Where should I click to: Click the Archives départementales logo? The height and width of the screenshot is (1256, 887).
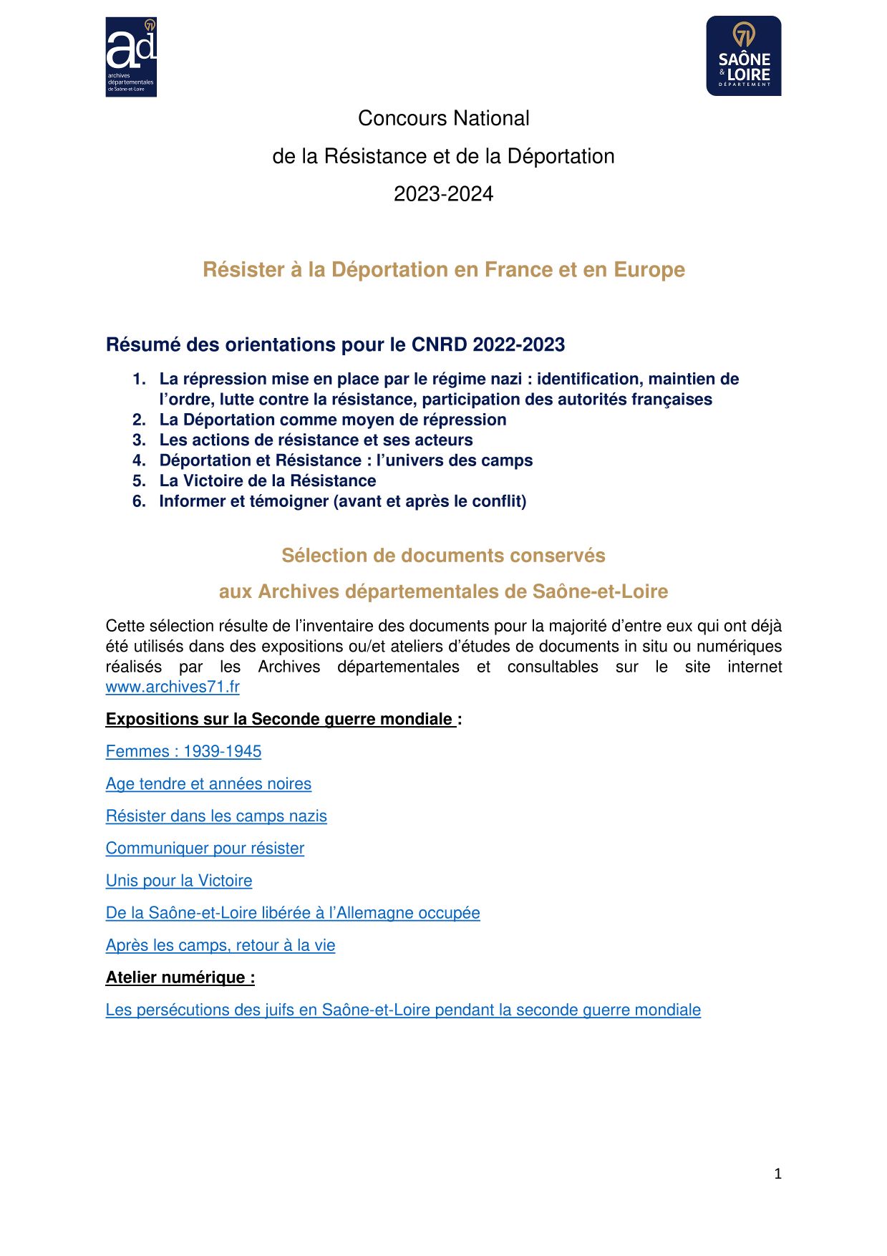point(131,57)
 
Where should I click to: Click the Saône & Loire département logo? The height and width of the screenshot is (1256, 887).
point(743,56)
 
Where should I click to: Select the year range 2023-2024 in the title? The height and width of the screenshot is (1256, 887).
point(443,194)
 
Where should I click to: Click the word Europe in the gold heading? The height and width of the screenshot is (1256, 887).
point(649,269)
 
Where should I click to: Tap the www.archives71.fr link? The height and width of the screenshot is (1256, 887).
point(173,687)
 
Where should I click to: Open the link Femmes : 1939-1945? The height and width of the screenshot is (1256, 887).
point(183,751)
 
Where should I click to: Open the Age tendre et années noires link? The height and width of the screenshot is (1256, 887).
point(208,783)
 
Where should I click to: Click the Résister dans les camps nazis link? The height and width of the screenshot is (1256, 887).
point(216,816)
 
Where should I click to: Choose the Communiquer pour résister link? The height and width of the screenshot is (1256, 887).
point(205,848)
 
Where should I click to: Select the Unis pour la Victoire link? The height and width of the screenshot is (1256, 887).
point(179,880)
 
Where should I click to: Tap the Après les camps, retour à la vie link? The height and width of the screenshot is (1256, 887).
point(220,945)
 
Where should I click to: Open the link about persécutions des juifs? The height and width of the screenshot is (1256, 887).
point(403,1010)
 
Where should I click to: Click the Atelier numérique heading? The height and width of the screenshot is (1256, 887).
point(180,977)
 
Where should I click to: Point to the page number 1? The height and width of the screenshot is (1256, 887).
point(777,1174)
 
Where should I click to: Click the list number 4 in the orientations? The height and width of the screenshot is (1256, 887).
point(139,460)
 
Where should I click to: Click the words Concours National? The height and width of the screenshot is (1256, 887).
point(443,118)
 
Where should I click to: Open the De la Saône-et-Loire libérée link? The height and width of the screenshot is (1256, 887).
point(293,913)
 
